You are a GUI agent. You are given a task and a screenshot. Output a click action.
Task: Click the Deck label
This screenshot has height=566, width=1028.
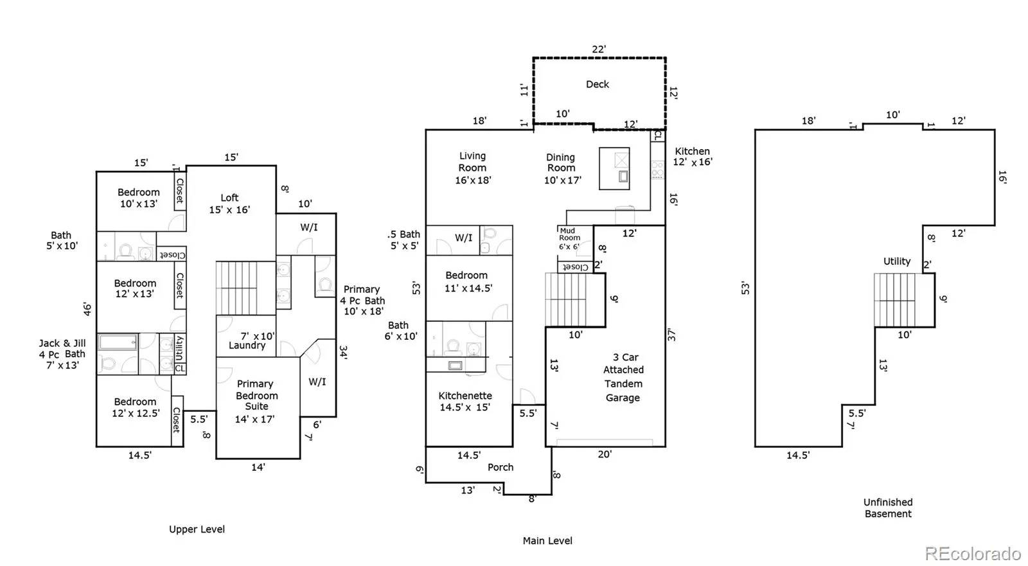click(597, 84)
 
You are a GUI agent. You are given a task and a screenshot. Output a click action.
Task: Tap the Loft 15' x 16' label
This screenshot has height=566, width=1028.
click(229, 204)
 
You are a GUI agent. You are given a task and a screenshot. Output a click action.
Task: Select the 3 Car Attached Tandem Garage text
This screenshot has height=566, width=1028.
click(623, 377)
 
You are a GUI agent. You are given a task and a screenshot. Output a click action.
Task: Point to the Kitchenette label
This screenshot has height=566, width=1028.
click(465, 396)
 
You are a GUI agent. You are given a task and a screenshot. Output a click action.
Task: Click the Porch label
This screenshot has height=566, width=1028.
click(501, 467)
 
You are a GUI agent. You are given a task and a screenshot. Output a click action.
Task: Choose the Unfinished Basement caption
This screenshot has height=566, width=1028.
click(888, 508)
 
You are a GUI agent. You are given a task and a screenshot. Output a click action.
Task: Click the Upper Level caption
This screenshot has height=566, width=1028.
click(197, 529)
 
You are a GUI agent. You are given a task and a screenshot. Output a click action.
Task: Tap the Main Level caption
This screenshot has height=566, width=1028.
click(547, 541)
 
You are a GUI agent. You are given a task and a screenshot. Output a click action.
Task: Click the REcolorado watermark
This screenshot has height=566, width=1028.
click(973, 554)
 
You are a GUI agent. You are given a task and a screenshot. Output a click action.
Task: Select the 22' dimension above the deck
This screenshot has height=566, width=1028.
click(599, 49)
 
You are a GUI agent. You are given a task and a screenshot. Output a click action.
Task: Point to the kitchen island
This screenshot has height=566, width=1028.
click(614, 168)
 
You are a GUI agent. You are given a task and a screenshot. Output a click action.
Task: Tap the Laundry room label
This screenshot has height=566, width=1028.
click(247, 346)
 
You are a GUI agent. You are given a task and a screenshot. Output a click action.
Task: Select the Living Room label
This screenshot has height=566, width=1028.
click(472, 162)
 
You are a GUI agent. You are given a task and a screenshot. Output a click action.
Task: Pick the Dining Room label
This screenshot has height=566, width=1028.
click(560, 163)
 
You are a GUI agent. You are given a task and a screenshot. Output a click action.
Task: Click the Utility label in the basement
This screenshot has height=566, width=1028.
click(897, 261)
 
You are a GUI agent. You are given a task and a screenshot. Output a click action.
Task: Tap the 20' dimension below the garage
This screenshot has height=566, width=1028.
click(605, 454)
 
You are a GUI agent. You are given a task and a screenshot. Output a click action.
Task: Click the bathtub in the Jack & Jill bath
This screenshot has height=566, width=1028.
click(118, 342)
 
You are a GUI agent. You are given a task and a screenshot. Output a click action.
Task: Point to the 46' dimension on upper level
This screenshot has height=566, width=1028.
click(87, 308)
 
